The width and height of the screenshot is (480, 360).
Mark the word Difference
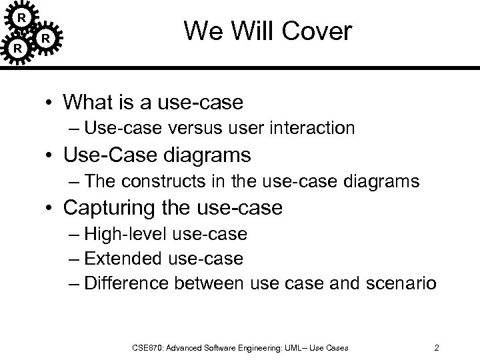point(129,283)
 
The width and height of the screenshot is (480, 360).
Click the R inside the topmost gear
point(21,16)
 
